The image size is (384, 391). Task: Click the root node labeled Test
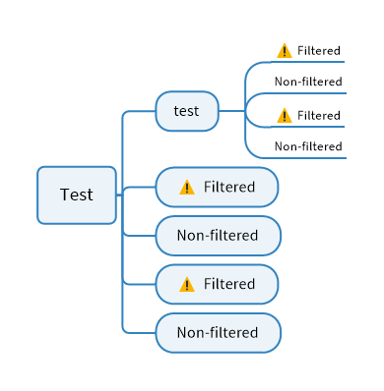(x=77, y=195)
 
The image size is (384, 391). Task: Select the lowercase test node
(x=187, y=111)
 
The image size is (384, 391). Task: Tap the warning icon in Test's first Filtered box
(x=187, y=188)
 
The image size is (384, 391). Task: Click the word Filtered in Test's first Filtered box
(x=229, y=187)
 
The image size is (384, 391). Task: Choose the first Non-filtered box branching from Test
(x=219, y=236)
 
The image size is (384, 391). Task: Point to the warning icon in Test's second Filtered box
(x=187, y=284)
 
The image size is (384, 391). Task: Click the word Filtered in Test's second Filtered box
(x=229, y=284)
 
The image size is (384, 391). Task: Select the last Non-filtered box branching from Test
(x=219, y=333)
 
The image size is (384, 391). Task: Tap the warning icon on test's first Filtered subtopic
(x=285, y=51)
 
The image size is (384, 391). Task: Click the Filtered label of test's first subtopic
(x=319, y=51)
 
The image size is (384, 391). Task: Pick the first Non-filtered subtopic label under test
(x=308, y=82)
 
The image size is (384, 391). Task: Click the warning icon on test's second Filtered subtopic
(x=285, y=116)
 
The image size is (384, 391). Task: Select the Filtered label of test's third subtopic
(x=319, y=116)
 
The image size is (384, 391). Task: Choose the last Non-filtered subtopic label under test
(x=308, y=146)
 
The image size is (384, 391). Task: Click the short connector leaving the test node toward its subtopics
(x=231, y=111)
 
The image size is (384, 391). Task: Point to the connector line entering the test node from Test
(x=139, y=111)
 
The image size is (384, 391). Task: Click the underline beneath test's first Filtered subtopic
(x=307, y=62)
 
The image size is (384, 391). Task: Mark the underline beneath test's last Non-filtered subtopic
(x=303, y=158)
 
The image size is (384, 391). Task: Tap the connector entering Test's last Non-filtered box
(x=139, y=333)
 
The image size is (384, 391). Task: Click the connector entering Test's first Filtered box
(x=139, y=188)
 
